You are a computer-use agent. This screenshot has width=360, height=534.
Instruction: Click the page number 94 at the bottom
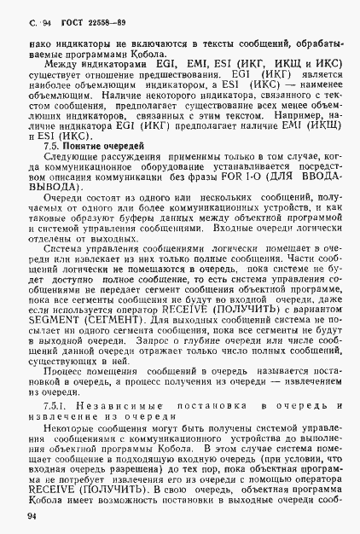coord(32,515)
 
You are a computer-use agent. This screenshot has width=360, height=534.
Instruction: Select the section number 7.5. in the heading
coord(54,147)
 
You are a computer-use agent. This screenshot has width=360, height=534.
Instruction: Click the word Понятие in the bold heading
coord(91,147)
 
